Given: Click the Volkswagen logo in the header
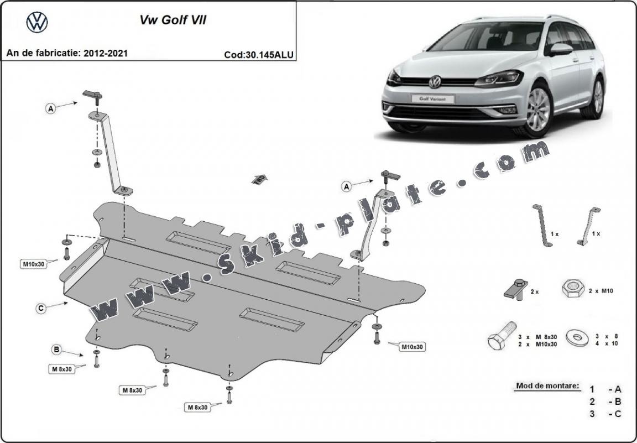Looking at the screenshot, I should (x=37, y=22).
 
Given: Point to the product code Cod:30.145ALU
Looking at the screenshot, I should (x=259, y=55).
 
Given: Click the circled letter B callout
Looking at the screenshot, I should (x=56, y=349).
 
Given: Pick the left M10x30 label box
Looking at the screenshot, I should (x=33, y=264).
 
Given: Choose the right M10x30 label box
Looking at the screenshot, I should (x=412, y=347).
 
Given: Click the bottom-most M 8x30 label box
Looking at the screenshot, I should (x=197, y=407).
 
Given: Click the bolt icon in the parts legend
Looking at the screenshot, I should (x=502, y=336).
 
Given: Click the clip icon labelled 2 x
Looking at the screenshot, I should (x=515, y=289).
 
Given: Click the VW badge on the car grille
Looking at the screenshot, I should (x=435, y=82).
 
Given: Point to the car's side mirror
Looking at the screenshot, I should (x=561, y=50).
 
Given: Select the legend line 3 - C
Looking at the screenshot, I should (x=605, y=414).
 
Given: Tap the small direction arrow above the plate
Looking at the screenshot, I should (x=258, y=179).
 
